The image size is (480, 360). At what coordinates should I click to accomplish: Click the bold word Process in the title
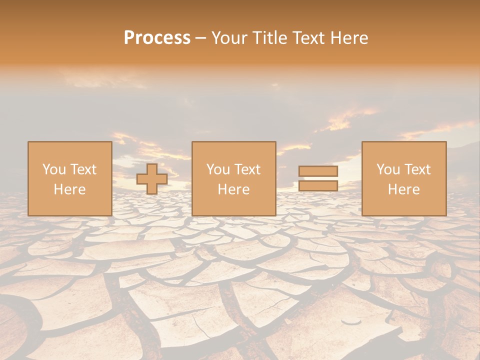coord(157,38)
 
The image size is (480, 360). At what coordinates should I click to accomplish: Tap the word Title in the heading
coord(269,38)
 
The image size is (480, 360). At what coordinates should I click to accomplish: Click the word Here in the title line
coord(351,38)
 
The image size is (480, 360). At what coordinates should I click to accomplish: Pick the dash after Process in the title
coord(201,38)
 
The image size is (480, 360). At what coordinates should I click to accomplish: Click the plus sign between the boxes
coord(152,179)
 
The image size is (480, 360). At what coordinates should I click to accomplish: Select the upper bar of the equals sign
coord(318,171)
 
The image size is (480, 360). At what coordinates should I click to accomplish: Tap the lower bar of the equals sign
coord(318,186)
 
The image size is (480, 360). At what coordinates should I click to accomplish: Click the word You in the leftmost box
coord(53,169)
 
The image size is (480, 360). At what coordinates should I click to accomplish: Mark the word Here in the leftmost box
coord(69,189)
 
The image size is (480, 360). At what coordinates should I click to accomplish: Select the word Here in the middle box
coord(233,189)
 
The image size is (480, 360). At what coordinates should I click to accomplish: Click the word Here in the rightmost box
coord(403,189)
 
